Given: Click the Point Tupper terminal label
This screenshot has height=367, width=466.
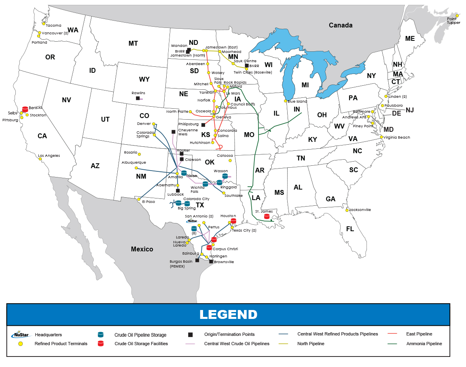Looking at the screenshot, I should pos(453,21).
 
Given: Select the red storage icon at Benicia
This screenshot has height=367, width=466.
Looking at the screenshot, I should pos(25,109).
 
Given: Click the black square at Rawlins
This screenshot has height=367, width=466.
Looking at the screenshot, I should pos(138,98).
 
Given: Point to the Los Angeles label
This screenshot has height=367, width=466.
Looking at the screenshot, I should pos(49,156).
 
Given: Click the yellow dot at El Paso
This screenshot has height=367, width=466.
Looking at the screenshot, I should pos(139,199).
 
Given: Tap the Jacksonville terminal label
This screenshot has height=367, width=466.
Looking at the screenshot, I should pos(360,210).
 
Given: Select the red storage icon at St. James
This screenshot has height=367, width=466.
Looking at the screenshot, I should pos(266,217).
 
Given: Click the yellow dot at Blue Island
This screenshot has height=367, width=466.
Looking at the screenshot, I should pos(286,101).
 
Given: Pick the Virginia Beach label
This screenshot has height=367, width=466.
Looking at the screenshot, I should pos(397,137).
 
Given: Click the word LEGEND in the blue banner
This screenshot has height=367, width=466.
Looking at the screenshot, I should pos(228,314).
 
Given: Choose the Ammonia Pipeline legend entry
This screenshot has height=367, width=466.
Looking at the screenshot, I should pos(424,344).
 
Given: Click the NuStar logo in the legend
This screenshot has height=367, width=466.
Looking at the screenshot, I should pos(21,335).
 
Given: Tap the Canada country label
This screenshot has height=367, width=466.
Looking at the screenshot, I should pos(340,25).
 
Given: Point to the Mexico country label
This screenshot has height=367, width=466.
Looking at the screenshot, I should pos(142,249).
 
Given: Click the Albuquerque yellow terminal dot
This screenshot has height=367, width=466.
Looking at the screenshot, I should pos(136,168).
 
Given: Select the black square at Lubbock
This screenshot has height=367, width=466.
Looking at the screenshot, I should pos(178,190).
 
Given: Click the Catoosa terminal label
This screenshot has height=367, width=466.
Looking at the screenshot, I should pos(225,155).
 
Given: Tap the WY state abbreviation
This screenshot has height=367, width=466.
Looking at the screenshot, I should pos(144,79).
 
